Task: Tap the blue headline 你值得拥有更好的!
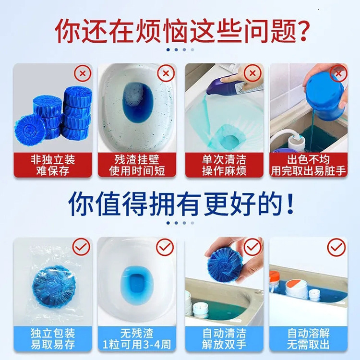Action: (180, 204)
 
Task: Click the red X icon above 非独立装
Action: (83, 74)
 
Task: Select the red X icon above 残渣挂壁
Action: (166, 74)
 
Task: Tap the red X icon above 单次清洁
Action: (252, 74)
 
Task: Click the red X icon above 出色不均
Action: (338, 74)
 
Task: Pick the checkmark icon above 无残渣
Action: (166, 247)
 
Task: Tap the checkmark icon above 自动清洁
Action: (252, 247)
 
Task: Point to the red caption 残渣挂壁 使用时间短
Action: (136, 165)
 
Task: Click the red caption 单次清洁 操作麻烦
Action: (224, 165)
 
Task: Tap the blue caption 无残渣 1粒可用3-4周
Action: (136, 339)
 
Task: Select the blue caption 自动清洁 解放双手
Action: (224, 339)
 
